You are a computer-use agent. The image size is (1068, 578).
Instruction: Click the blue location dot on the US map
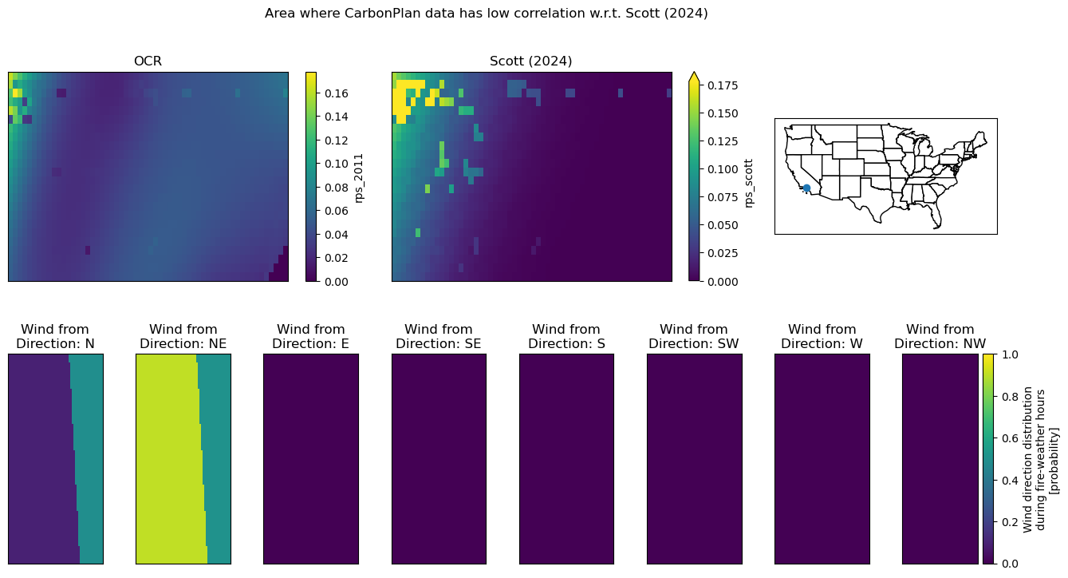tap(806, 188)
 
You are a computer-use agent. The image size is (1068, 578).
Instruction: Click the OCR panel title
tap(148, 61)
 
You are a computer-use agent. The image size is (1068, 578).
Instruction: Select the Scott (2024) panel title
tap(530, 61)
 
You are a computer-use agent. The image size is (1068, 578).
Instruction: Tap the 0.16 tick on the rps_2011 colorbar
tap(337, 93)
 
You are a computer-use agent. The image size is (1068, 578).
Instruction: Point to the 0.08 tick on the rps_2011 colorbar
tap(337, 188)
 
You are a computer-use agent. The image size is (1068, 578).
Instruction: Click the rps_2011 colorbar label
tap(359, 178)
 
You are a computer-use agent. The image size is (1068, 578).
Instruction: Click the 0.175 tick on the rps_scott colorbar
tap(723, 85)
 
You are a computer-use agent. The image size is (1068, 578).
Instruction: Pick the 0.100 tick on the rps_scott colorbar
tap(723, 169)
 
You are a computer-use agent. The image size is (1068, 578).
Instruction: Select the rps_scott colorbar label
tap(749, 184)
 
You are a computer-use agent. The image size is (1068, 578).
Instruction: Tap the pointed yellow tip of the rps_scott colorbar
tap(694, 73)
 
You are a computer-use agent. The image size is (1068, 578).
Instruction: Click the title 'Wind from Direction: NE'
tap(183, 336)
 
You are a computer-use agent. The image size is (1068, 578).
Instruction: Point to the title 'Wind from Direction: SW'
tap(694, 336)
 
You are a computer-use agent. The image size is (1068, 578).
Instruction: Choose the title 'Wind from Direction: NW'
tap(940, 336)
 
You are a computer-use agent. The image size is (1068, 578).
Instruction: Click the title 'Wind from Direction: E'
tap(311, 336)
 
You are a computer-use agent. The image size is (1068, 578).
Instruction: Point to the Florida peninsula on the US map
tap(936, 217)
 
